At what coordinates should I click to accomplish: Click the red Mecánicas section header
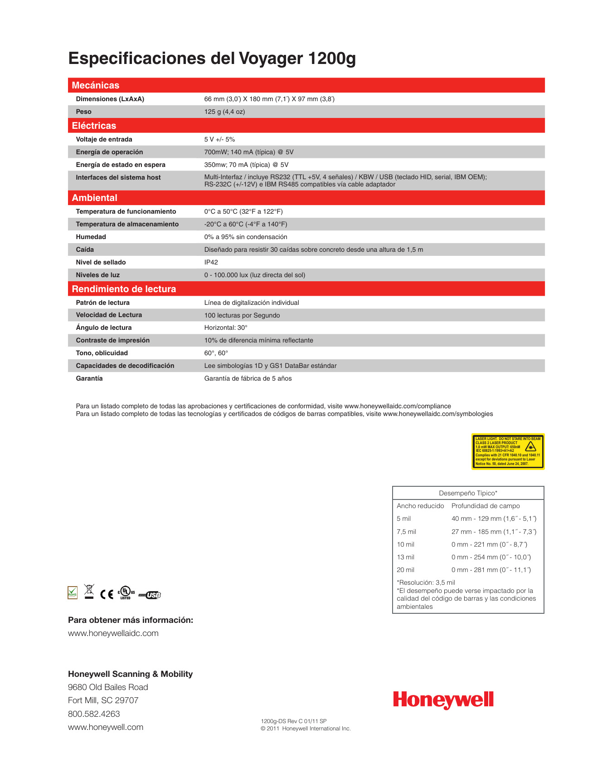[96, 85]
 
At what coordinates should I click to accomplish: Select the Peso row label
[84, 112]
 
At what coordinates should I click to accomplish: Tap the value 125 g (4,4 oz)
[224, 112]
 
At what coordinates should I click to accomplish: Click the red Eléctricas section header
[94, 126]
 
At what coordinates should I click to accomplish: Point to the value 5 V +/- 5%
[219, 139]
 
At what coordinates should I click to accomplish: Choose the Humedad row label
[91, 237]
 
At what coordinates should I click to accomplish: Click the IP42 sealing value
[211, 262]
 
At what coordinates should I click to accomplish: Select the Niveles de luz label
[98, 275]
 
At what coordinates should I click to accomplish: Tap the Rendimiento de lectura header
[124, 289]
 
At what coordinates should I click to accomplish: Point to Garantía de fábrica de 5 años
[248, 378]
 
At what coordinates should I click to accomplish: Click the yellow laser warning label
[508, 451]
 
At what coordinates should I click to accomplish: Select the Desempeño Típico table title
[468, 493]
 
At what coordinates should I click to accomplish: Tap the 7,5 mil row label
[406, 532]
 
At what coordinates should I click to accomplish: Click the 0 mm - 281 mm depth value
[491, 570]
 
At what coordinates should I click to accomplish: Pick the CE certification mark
[107, 594]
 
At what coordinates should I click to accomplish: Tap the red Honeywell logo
[443, 700]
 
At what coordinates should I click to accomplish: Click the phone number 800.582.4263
[94, 714]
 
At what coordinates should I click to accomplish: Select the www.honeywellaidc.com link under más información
[113, 633]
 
